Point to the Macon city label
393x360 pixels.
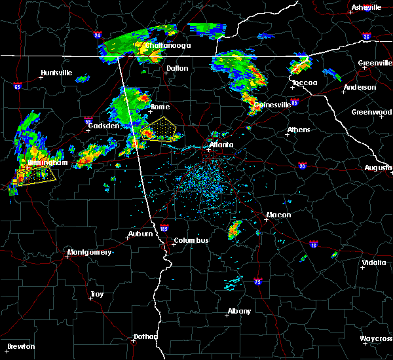click(278, 215)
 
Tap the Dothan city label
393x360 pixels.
click(145, 336)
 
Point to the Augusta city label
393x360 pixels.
click(378, 168)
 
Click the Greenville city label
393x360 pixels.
click(375, 63)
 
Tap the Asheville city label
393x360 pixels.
click(367, 7)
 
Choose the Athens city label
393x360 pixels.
click(299, 130)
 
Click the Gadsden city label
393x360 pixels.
click(105, 125)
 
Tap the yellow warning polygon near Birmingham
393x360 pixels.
click(35, 175)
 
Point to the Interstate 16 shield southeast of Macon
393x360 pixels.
click(314, 244)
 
